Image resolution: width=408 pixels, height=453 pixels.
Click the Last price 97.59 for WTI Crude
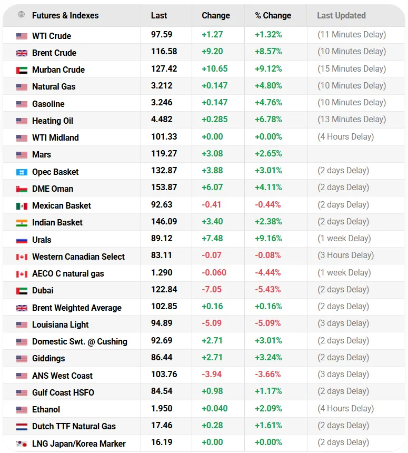(162, 35)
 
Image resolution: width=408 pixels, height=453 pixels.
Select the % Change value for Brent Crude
(268, 52)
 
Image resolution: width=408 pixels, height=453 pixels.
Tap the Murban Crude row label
(58, 70)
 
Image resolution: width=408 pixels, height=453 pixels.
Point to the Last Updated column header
(341, 16)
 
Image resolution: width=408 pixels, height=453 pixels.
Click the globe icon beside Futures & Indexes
(22, 15)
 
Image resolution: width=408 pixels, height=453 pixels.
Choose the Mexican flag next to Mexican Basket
(22, 206)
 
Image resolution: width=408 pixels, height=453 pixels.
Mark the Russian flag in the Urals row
(22, 240)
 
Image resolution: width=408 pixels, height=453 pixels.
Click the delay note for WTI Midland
(345, 136)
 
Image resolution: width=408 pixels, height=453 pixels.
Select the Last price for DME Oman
(164, 188)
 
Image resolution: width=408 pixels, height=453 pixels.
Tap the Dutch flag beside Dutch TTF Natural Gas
(22, 427)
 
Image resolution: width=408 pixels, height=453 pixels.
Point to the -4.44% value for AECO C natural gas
(268, 272)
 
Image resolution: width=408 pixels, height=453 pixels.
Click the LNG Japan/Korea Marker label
(78, 444)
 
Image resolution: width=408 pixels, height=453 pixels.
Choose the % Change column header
(273, 16)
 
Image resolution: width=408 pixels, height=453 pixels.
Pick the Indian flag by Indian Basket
(22, 223)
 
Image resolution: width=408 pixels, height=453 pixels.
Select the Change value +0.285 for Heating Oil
(214, 120)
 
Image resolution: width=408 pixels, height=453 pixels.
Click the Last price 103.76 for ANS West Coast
(164, 375)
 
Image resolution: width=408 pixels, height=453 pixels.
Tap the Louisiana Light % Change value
(268, 323)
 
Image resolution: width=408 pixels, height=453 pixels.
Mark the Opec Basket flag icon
(22, 172)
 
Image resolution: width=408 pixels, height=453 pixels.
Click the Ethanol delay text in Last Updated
(345, 408)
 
